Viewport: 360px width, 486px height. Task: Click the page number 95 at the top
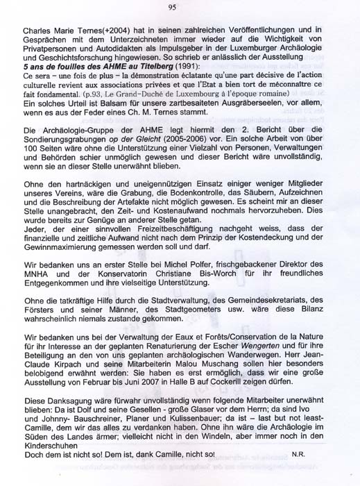point(172,7)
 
